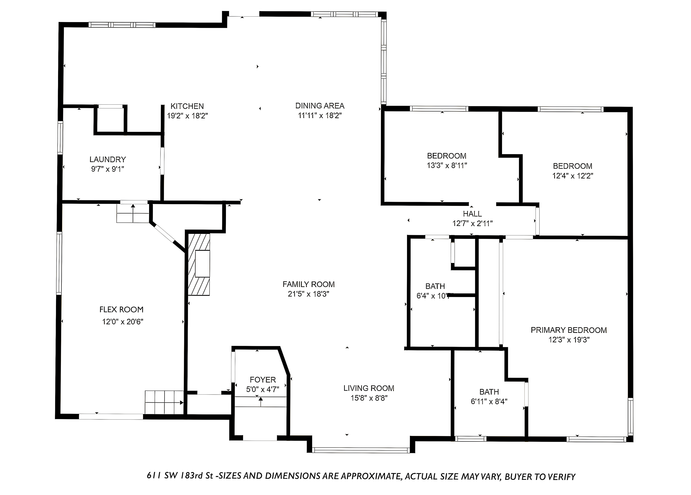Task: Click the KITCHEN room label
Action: pos(187,106)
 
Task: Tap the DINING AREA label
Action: pos(320,106)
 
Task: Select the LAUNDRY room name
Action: pos(108,159)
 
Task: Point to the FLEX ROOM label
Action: pos(121,310)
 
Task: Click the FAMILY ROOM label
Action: pos(309,284)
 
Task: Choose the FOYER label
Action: pos(263,380)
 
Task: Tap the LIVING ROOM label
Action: pos(369,388)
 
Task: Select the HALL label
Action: pos(472,214)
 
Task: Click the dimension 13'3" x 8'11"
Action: pos(447,165)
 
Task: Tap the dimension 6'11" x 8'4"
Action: pos(489,401)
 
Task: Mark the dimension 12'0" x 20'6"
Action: pos(123,322)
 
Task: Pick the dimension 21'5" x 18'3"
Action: pos(309,294)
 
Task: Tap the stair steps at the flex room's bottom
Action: pos(164,402)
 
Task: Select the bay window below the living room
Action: pos(361,450)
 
